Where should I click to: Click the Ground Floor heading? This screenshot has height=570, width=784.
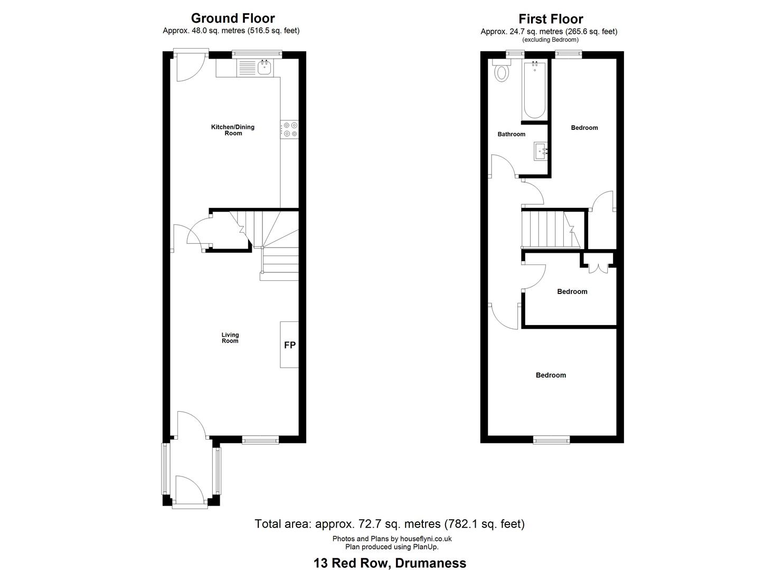pos(233,18)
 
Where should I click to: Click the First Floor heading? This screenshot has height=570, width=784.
pos(551,19)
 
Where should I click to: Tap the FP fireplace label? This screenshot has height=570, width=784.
pos(290,345)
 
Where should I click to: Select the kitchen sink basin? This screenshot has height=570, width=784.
pos(265,67)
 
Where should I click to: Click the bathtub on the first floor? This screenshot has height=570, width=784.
pos(534,90)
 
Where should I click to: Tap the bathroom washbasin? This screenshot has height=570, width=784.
pos(541,151)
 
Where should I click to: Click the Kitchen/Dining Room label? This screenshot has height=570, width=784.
pos(233,130)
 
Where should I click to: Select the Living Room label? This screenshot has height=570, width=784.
pos(230,338)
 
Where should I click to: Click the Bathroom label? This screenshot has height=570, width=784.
pos(512,134)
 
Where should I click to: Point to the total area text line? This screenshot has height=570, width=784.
pos(390,524)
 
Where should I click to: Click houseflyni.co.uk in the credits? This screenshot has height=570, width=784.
pos(426,539)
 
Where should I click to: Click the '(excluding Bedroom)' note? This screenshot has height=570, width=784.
pos(551,40)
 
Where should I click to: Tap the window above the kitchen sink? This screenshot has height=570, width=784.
pos(257,53)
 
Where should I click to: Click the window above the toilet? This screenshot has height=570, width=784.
pos(515,53)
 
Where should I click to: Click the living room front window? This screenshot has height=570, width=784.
pos(260,440)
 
